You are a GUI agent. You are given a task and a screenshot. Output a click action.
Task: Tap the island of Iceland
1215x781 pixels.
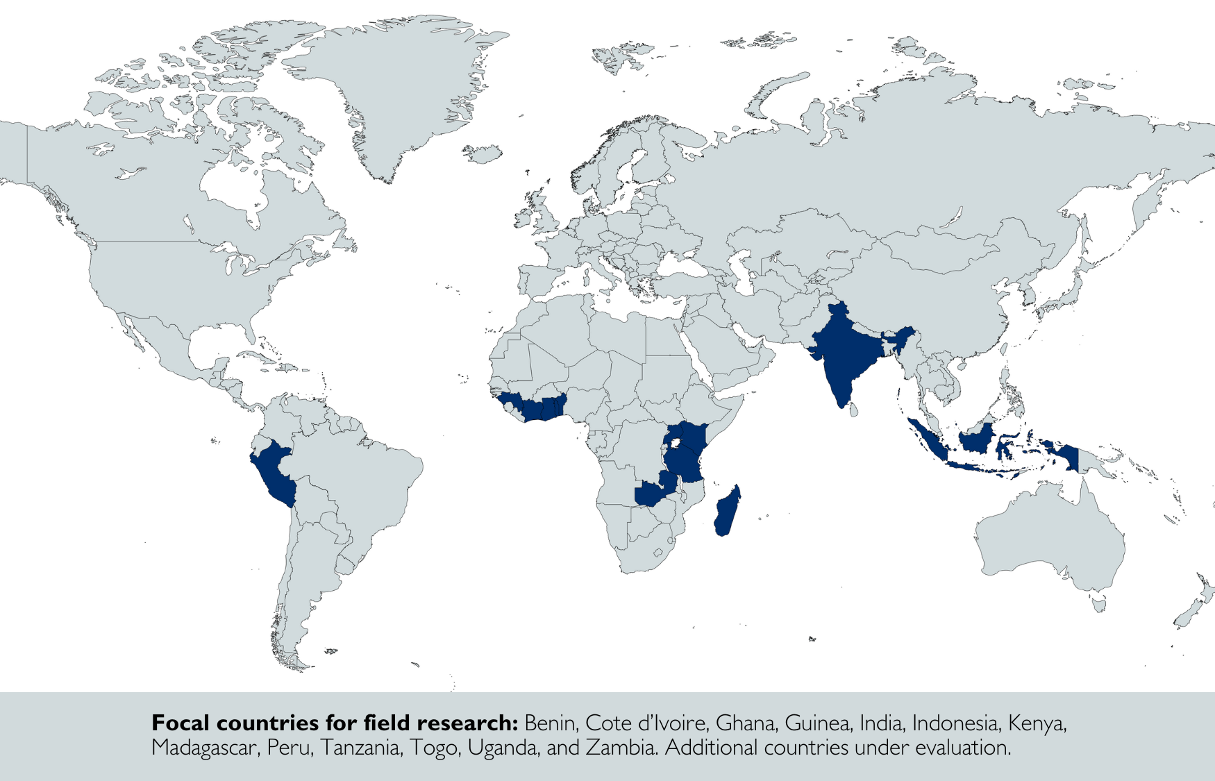tap(483, 153)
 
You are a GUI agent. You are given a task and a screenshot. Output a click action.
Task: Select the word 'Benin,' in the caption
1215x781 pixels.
tap(551, 723)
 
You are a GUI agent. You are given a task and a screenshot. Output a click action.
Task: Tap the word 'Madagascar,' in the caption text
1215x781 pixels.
tap(205, 748)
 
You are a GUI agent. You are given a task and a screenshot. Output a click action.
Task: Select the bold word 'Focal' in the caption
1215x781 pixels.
tap(181, 723)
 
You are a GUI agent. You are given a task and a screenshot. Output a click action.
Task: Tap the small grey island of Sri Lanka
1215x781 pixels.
tap(854, 410)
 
